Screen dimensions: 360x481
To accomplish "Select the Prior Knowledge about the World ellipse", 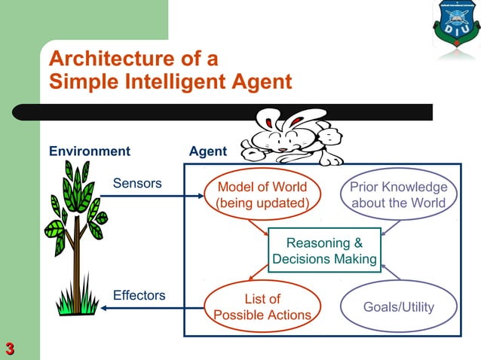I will tap(397, 195).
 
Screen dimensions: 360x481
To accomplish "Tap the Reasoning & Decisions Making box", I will tap(324, 251).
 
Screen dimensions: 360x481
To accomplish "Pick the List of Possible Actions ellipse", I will tap(262, 307).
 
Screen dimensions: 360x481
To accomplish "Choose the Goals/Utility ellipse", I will tap(398, 307).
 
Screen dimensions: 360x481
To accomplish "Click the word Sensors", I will tap(136, 183).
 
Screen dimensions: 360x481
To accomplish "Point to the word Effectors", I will tap(139, 295).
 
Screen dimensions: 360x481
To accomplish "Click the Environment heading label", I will tap(89, 151).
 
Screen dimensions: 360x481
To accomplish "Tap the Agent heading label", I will tap(207, 151).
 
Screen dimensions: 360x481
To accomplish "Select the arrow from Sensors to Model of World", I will tap(151, 197).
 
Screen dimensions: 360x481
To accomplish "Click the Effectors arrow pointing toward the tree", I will tap(151, 308).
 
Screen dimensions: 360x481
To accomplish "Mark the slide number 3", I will tap(10, 348).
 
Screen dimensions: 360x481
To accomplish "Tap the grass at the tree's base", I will tap(75, 304).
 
